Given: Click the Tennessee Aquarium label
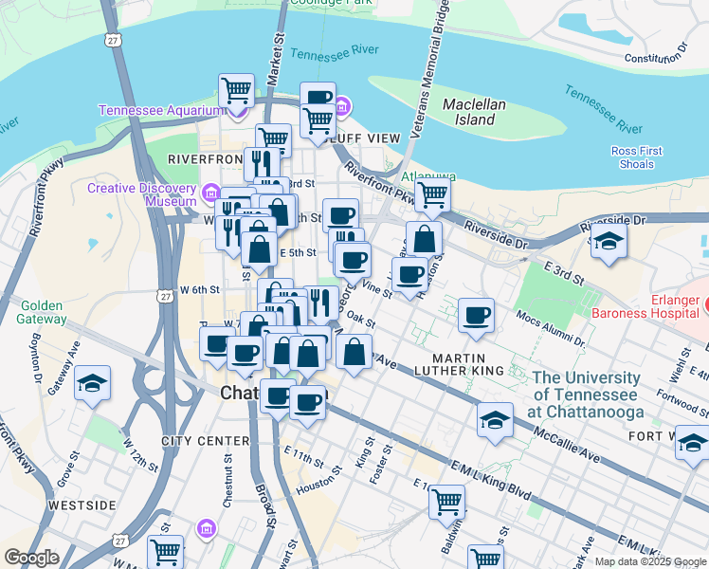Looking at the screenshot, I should pyautogui.click(x=159, y=111).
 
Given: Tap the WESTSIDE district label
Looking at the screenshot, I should pyautogui.click(x=82, y=505).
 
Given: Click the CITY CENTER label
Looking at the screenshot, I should pyautogui.click(x=205, y=441).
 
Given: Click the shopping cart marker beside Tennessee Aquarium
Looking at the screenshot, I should pyautogui.click(x=236, y=91).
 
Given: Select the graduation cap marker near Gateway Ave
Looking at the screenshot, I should pyautogui.click(x=92, y=383).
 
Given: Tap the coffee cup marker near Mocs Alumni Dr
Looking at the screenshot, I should pyautogui.click(x=476, y=315).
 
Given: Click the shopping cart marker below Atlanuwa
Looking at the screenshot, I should pyautogui.click(x=432, y=195).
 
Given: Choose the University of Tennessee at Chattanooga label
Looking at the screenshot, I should pyautogui.click(x=588, y=394).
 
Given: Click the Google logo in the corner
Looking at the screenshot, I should pyautogui.click(x=30, y=558).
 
